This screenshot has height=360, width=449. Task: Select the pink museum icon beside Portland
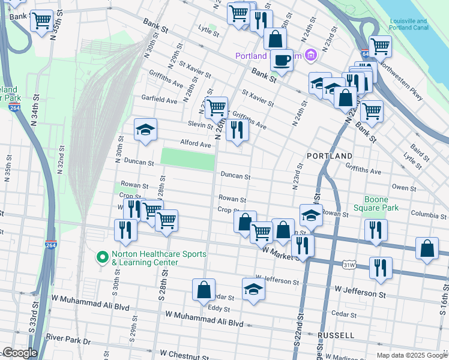pos(310,56)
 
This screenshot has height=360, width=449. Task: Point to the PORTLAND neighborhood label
pos(330,156)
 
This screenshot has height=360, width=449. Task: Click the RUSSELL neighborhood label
pos(337,335)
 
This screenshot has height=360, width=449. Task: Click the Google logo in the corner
pos(20,353)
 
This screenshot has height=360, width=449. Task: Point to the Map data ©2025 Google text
pos(412,355)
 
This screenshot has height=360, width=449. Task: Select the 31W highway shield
pos(348,264)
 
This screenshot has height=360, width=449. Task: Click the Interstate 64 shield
pos(364,54)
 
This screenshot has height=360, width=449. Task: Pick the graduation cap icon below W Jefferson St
pos(253,290)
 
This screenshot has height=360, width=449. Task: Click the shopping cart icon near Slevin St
pos(216,108)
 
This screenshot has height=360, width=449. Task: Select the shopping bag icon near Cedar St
pos(203,289)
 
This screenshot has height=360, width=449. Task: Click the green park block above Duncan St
pos(187,160)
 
